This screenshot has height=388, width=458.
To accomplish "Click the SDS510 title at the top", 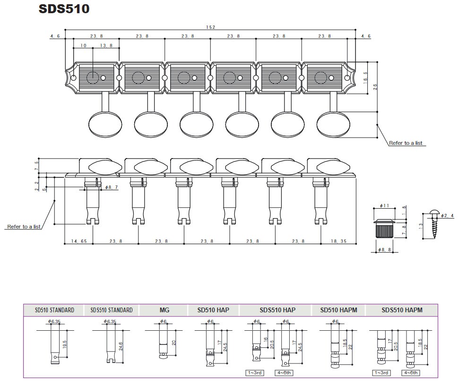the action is [64, 9].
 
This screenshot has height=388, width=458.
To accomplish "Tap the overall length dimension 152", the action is [210, 27].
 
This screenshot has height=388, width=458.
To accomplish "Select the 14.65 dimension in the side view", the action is [79, 241].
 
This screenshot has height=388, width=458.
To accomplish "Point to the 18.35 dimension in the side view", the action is [338, 241].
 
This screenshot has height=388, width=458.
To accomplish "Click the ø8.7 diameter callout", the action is [111, 187].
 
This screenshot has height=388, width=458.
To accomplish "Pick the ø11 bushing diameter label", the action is [384, 205].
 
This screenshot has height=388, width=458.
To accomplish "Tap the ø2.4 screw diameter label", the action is [448, 215].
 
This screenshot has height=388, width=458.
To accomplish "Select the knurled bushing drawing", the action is [384, 228].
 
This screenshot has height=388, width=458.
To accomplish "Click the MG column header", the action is [164, 310].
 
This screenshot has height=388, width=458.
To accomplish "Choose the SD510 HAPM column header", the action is [338, 310].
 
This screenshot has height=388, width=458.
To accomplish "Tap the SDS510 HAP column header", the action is [277, 310].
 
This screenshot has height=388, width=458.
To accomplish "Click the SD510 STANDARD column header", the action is [54, 310].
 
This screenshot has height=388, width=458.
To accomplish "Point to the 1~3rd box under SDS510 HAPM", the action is [381, 373].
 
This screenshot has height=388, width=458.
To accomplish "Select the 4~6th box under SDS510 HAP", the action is [284, 373].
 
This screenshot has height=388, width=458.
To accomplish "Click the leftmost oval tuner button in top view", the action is [105, 124].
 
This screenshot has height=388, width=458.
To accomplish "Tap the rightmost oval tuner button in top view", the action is [333, 124].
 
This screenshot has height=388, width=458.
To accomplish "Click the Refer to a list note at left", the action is [24, 227].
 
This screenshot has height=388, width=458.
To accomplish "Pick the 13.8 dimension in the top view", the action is [106, 45].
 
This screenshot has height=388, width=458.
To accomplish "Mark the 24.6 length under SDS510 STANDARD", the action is [121, 346].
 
